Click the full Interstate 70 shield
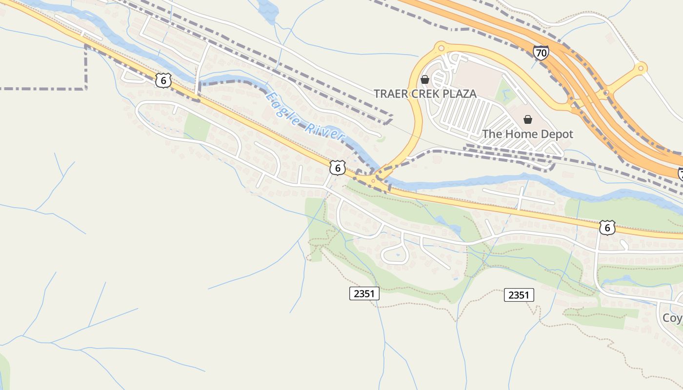[541, 53]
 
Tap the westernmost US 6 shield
[163, 80]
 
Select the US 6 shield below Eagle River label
[338, 168]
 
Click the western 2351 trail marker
[364, 293]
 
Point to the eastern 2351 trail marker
[519, 295]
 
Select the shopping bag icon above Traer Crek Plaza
[425, 79]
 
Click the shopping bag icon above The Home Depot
[527, 119]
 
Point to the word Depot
[556, 134]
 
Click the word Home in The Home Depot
[520, 134]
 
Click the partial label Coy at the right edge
[672, 318]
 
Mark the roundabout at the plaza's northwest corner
[441, 47]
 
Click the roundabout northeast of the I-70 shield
[641, 68]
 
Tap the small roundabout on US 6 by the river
[374, 181]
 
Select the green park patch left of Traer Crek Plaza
[197, 126]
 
